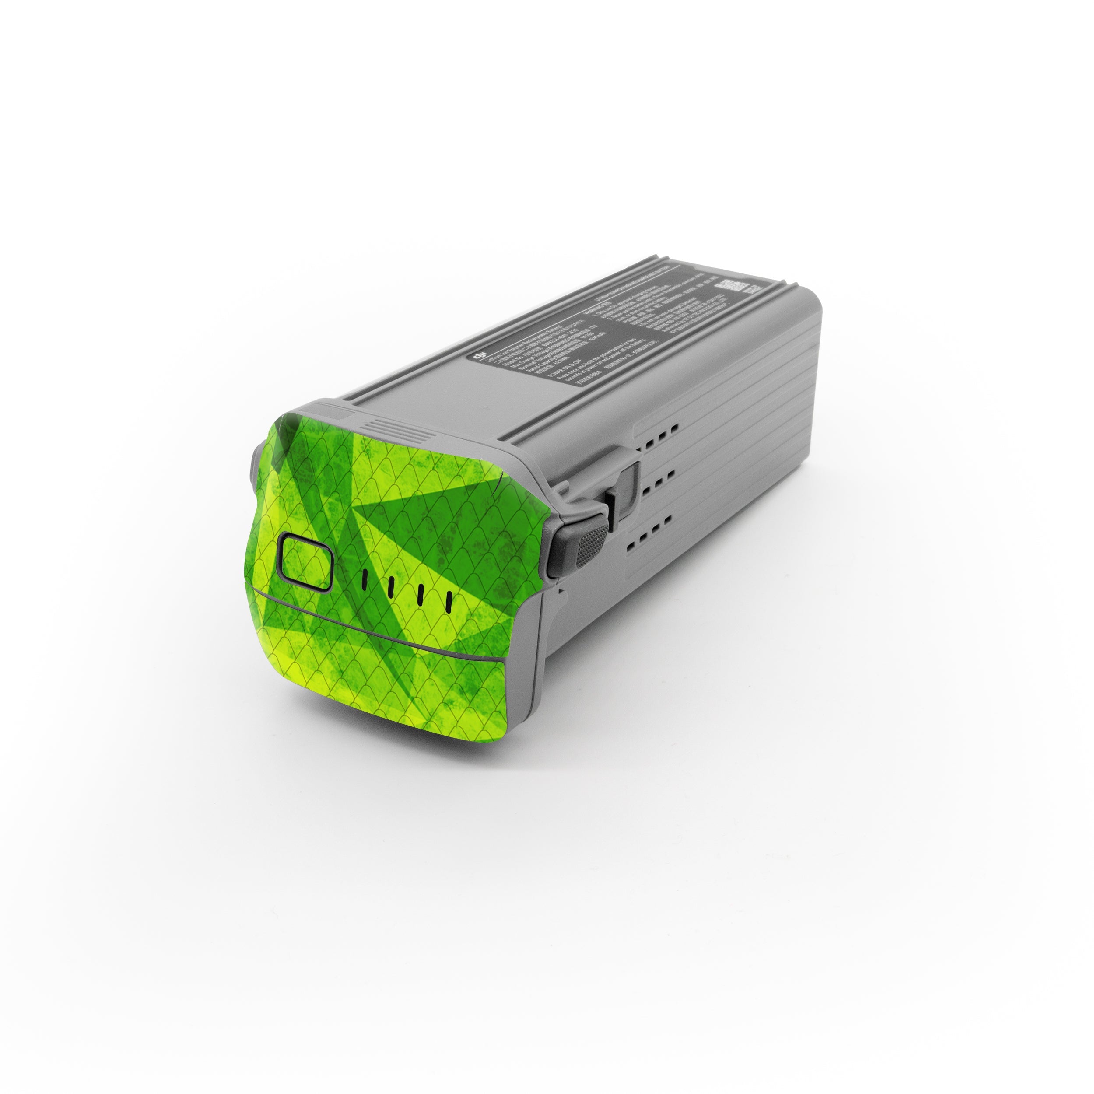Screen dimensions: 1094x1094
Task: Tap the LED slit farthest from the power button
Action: click(x=448, y=603)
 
